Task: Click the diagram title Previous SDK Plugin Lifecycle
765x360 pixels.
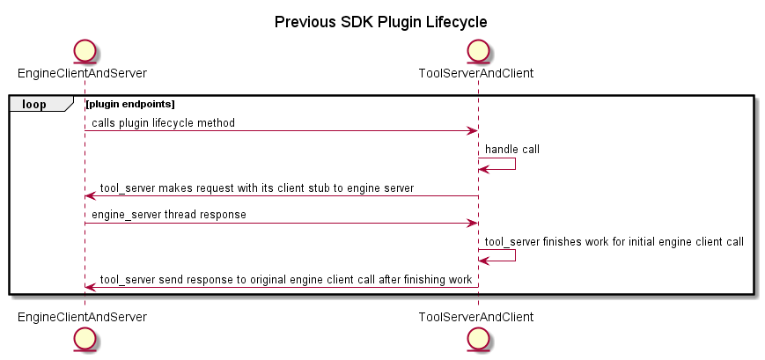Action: [x=380, y=21]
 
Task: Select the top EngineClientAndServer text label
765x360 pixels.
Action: [x=81, y=72]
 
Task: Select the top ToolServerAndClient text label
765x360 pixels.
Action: [x=475, y=72]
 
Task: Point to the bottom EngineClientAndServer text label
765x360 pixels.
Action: [x=81, y=315]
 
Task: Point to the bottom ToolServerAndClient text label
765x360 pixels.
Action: [x=475, y=315]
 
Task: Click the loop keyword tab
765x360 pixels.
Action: [x=35, y=104]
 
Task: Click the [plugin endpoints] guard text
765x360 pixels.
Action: [x=130, y=104]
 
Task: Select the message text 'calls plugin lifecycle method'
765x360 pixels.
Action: [x=163, y=123]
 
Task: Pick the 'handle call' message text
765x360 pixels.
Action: [x=511, y=150]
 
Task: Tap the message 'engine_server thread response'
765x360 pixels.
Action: [x=169, y=215]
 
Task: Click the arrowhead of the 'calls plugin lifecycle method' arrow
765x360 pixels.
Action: [x=472, y=131]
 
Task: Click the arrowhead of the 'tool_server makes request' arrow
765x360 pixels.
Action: [x=91, y=196]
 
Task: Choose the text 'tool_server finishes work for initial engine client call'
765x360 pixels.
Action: [x=614, y=241]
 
